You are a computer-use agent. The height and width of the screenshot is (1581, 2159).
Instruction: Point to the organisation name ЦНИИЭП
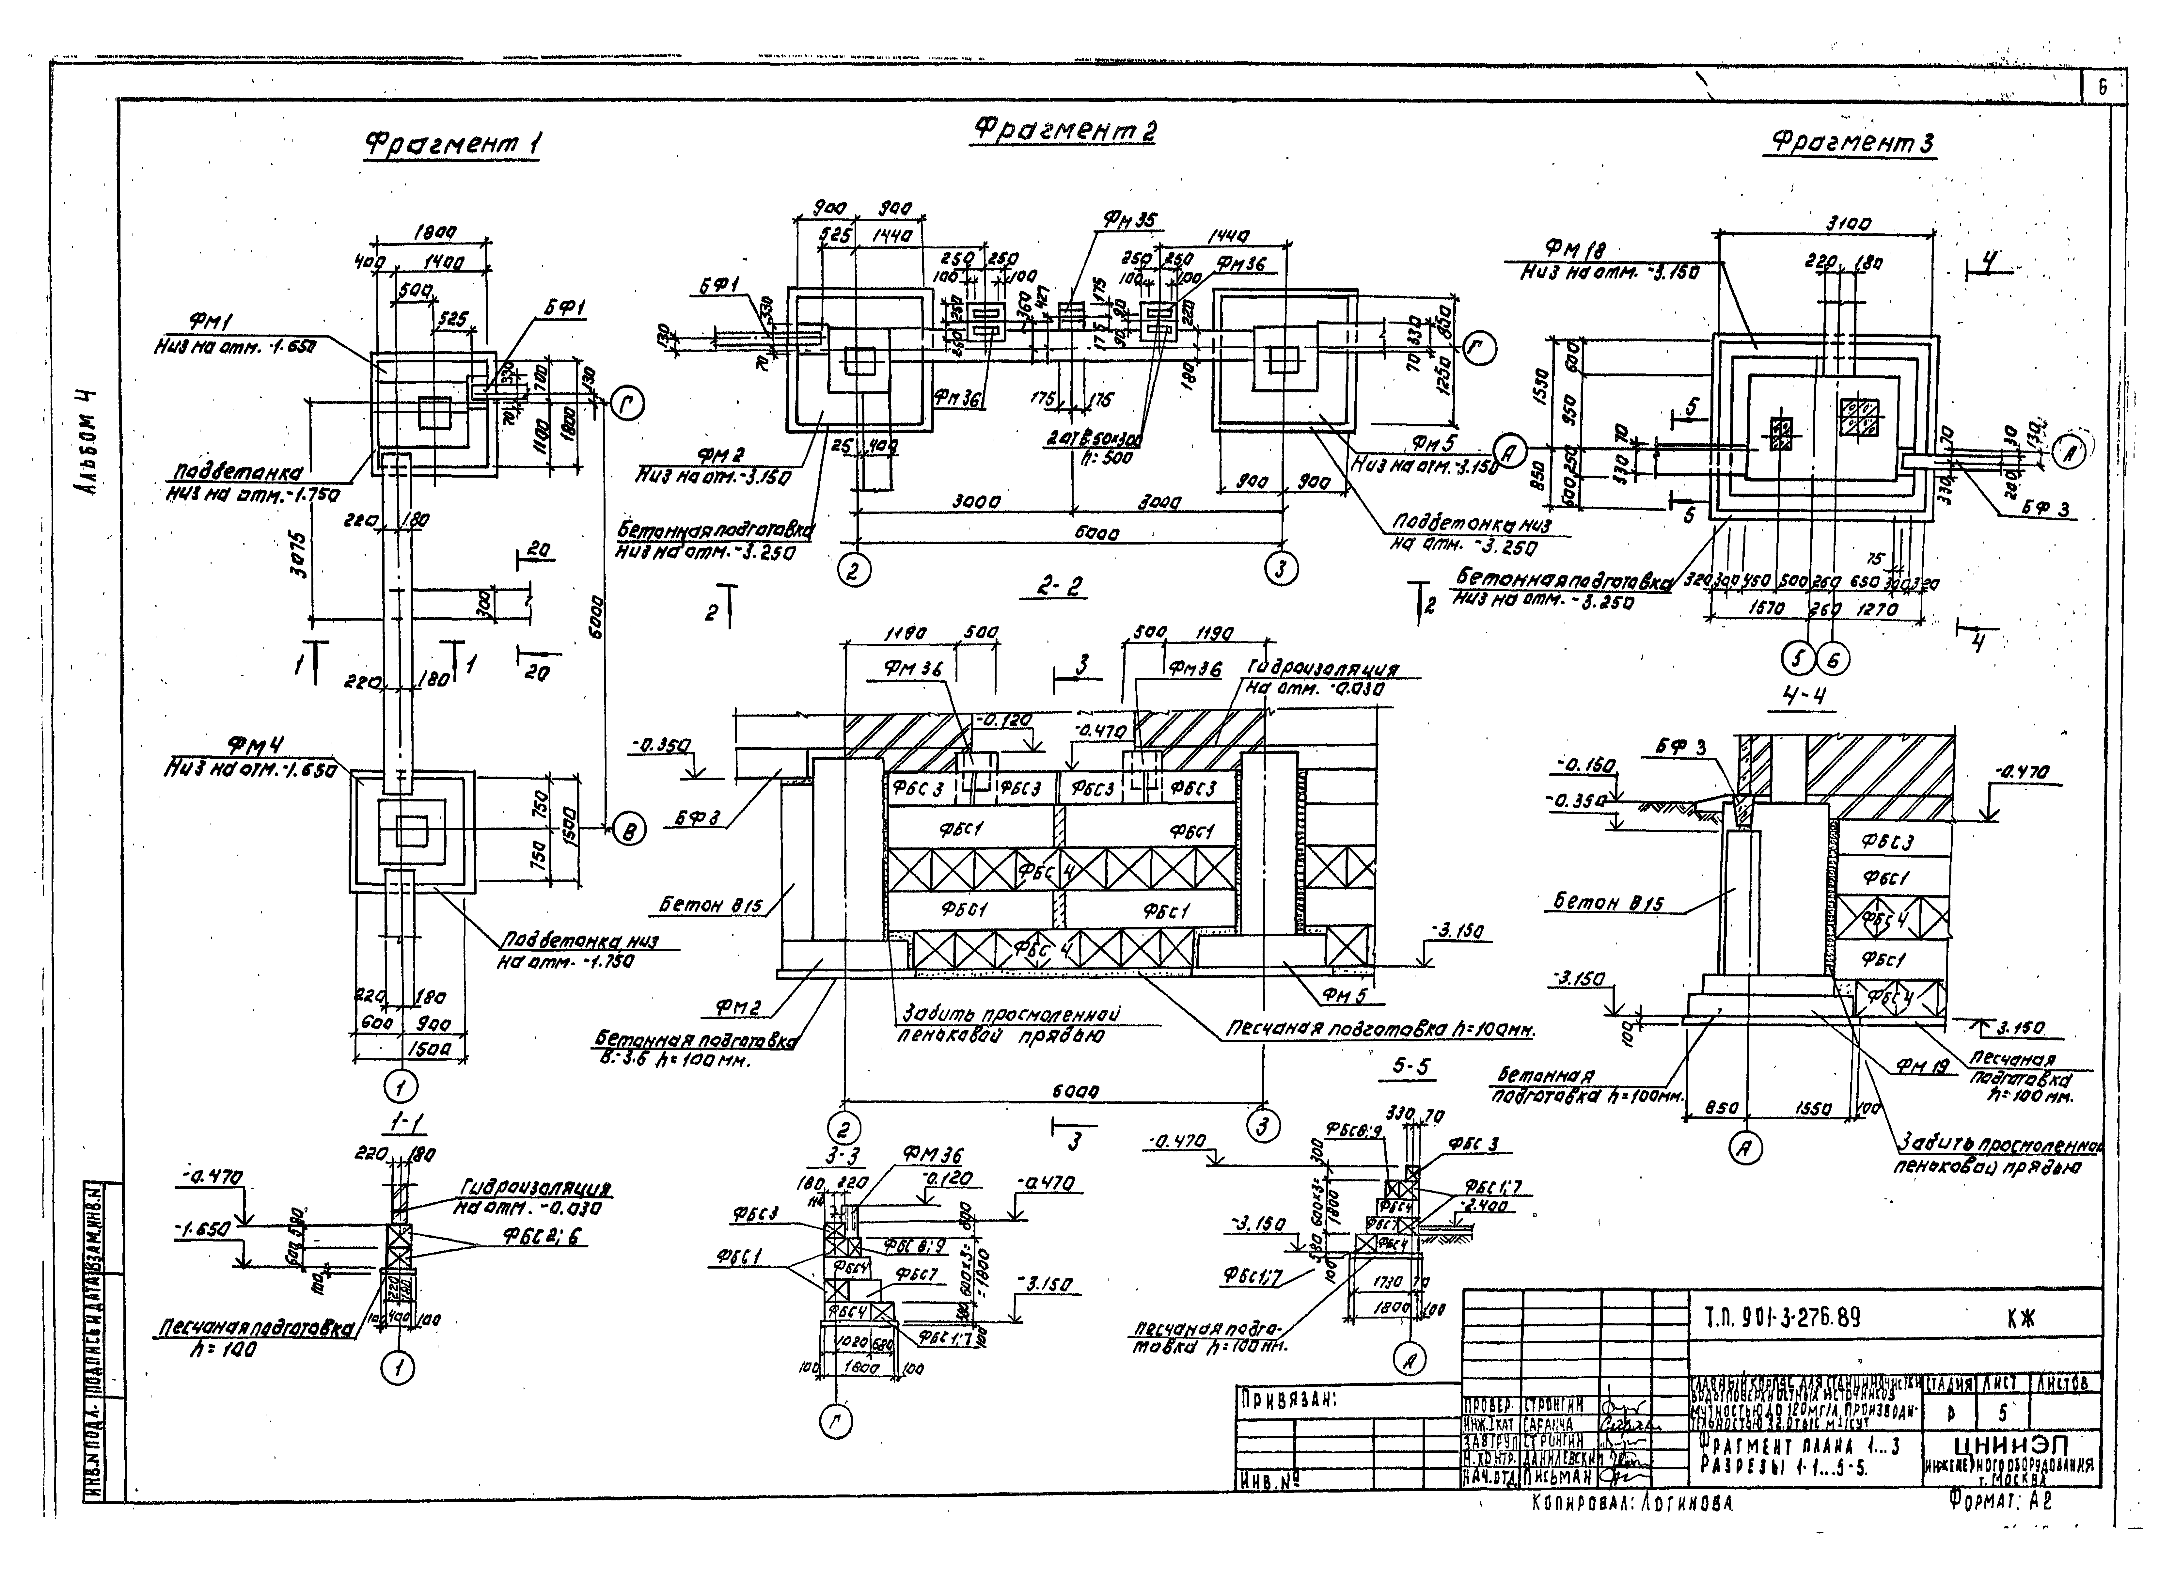2008,1444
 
